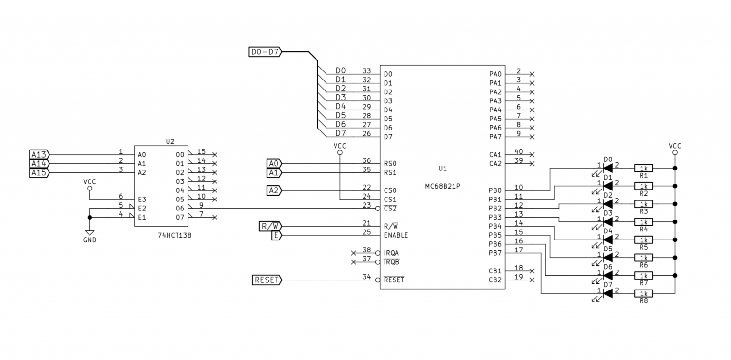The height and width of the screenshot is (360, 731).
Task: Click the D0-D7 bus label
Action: point(265,52)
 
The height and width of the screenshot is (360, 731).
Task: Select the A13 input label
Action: point(39,155)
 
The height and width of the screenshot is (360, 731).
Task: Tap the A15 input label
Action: point(39,172)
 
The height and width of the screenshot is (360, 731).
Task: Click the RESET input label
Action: point(267,280)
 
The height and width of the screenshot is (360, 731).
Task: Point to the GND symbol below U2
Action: point(89,234)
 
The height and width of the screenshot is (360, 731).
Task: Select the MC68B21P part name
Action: point(443,186)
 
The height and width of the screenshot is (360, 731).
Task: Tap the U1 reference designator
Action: point(443,169)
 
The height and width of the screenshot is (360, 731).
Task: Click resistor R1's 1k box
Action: point(643,168)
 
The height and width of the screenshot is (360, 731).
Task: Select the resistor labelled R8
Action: point(643,294)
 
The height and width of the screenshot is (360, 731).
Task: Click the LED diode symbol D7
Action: point(607,294)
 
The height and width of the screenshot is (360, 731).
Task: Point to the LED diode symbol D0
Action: point(607,168)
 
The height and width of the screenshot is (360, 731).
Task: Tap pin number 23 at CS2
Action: point(366,205)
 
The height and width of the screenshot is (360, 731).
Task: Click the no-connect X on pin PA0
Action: point(532,74)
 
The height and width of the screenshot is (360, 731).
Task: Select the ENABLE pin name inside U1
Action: point(395,235)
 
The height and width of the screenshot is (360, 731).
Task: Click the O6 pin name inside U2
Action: point(179,208)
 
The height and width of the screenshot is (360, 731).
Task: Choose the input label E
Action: point(277,235)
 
